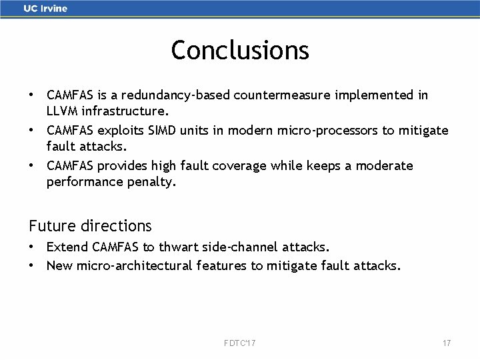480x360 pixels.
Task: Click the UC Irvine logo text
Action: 45,9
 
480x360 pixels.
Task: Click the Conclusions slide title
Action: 240,50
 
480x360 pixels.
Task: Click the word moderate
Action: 381,165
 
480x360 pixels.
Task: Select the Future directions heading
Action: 90,225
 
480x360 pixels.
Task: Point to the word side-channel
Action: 243,247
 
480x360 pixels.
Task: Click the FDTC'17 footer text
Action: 240,343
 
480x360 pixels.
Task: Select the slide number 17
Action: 447,343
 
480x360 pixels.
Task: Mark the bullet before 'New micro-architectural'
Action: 32,265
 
